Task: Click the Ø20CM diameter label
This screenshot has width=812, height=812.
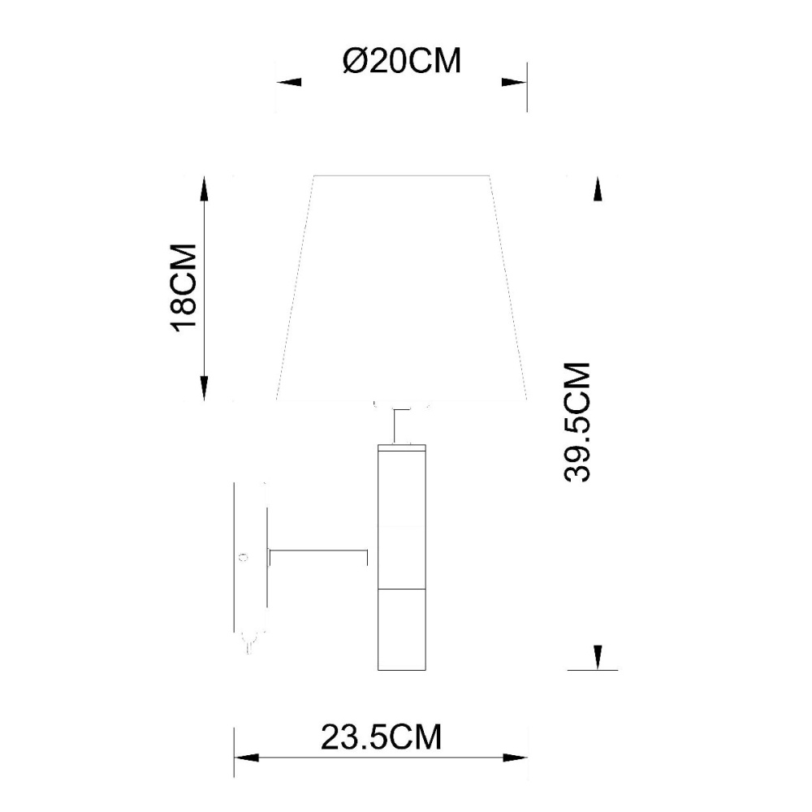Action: tap(401, 61)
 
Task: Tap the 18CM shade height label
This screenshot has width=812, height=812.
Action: tap(184, 287)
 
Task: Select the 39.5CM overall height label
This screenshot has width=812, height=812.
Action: tap(577, 422)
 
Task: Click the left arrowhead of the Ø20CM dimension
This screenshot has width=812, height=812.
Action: tap(288, 82)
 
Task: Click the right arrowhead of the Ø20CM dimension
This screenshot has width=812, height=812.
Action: tap(514, 82)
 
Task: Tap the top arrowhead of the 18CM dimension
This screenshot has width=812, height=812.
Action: tap(205, 188)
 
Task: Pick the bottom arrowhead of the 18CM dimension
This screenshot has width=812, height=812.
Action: tap(205, 388)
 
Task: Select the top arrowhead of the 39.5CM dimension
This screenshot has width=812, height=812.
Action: tap(598, 188)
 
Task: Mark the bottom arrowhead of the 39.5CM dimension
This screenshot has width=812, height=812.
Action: tap(598, 658)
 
